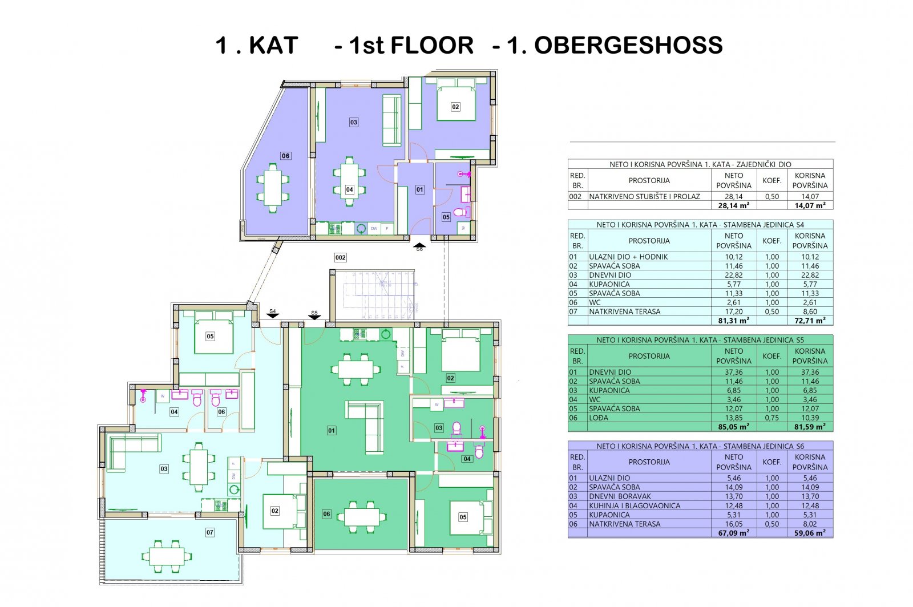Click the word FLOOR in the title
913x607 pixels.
coord(432,45)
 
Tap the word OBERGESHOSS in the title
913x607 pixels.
coord(628,45)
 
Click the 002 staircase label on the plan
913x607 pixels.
coord(340,257)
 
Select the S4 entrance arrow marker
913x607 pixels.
coord(273,314)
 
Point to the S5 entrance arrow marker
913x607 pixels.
coord(314,315)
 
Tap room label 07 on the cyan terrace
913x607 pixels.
coord(209,532)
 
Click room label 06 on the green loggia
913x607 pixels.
coord(326,514)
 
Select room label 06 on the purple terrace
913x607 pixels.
coord(285,156)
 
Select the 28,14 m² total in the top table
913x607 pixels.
coord(734,206)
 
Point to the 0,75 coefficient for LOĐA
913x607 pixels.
coord(772,418)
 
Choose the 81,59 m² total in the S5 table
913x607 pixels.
coord(810,427)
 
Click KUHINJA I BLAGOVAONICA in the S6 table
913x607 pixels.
coord(635,505)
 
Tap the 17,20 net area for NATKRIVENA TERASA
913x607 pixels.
coord(734,311)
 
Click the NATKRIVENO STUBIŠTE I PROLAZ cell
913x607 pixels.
coord(644,196)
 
